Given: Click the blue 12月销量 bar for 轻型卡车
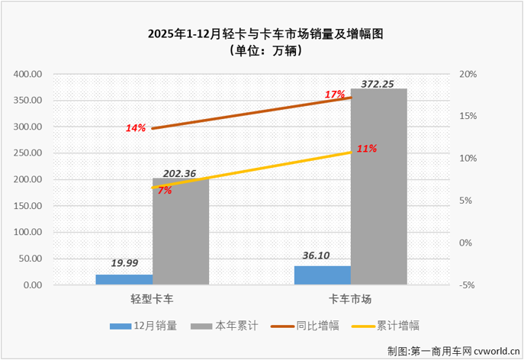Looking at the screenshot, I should tap(124, 279).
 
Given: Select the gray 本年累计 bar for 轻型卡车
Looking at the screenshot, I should tap(180, 232).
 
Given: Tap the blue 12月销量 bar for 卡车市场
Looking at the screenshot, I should tap(323, 275).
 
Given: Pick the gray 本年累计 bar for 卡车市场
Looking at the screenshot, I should tap(379, 187).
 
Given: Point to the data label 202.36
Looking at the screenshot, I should tap(180, 174).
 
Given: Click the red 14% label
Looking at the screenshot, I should tap(136, 128).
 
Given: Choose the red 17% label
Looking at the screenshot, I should tap(334, 95).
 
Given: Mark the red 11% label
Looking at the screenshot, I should tap(366, 149).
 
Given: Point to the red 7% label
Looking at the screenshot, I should tap(164, 190).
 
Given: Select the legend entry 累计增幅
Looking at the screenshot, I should tap(400, 326).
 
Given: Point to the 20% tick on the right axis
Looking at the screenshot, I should tap(468, 75).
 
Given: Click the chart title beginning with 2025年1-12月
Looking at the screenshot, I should tap(262, 34).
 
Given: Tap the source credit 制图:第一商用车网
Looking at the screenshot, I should tap(452, 350).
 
